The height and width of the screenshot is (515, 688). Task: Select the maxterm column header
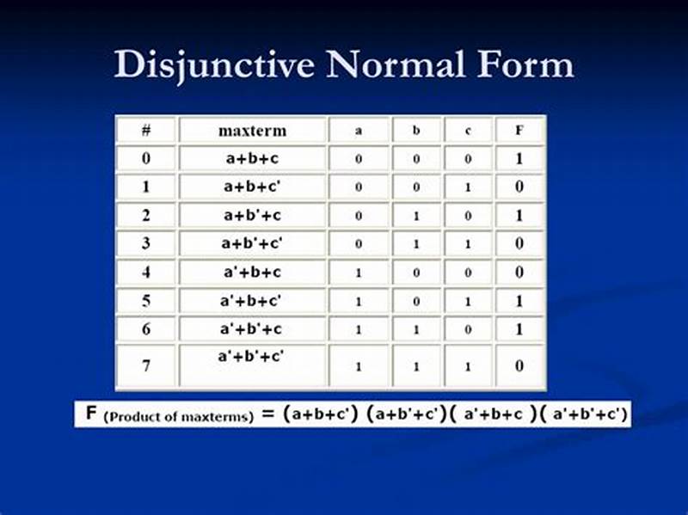[252, 132]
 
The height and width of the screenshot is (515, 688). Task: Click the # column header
[146, 132]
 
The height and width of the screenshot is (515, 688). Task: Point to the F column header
[519, 132]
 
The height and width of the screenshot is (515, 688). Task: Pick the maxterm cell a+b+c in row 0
[252, 159]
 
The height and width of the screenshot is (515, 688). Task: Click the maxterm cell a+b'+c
[252, 215]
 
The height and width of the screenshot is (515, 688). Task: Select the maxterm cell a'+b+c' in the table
[252, 300]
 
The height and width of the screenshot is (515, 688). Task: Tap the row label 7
[146, 366]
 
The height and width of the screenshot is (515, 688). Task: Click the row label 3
[146, 243]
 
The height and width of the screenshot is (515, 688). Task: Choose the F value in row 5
[519, 300]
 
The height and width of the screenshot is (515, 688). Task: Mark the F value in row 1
[519, 187]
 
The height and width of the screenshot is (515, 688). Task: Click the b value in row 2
[417, 216]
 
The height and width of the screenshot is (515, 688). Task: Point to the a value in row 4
[359, 273]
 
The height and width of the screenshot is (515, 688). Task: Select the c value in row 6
[468, 329]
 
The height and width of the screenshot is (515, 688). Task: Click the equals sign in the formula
[268, 415]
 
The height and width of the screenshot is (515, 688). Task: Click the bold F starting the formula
[91, 414]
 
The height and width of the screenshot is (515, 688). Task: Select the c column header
[468, 132]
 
